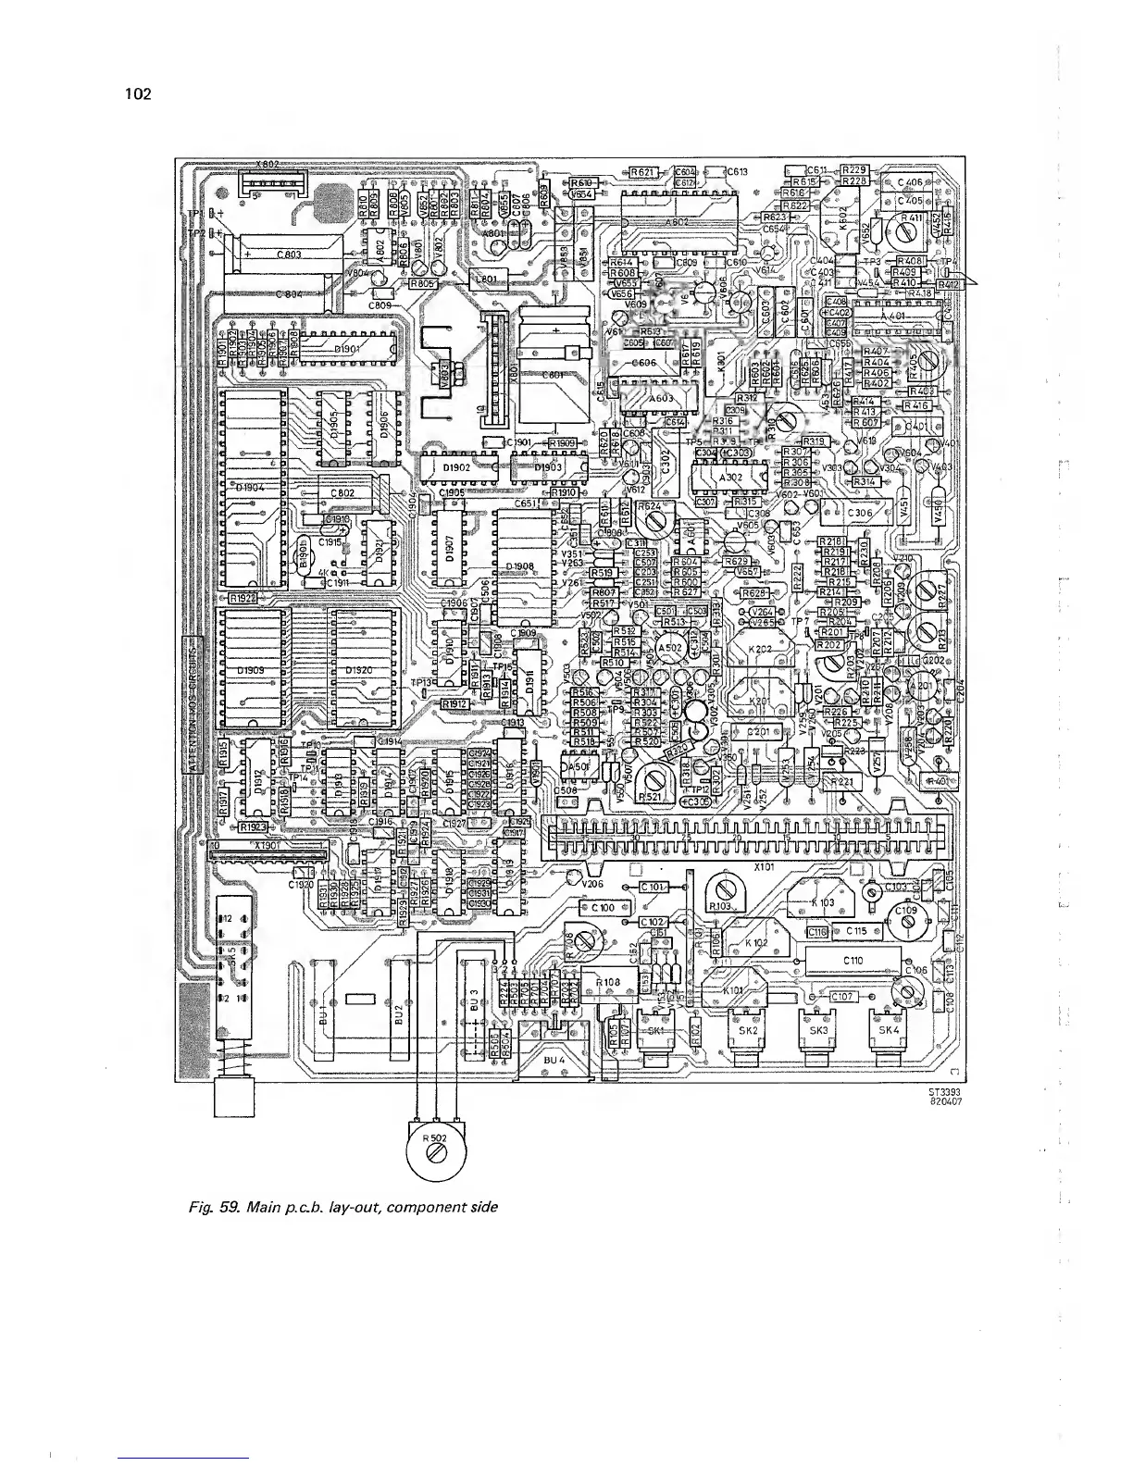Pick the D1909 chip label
(x=251, y=670)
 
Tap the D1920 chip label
(x=360, y=670)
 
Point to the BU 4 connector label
(x=554, y=1058)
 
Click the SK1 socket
(x=656, y=1032)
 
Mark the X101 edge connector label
(x=765, y=867)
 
